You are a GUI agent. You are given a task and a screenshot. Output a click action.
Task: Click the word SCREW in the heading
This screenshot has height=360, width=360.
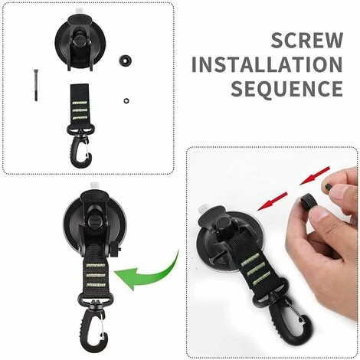(x=307, y=41)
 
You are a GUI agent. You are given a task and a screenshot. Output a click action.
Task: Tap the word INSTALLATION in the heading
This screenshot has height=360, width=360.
(x=267, y=64)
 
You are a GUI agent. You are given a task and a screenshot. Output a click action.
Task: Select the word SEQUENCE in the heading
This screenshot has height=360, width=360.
(x=287, y=89)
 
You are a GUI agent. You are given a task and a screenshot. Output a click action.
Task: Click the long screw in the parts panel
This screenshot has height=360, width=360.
(x=35, y=85)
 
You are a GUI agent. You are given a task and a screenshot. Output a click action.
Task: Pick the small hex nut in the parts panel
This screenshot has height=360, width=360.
(x=126, y=100)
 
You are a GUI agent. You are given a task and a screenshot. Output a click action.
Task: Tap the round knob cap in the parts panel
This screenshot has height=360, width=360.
(x=126, y=61)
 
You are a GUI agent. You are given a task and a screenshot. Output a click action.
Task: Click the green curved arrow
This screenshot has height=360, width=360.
(x=147, y=272)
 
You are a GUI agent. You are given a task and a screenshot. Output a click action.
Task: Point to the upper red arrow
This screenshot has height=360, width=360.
(x=315, y=175)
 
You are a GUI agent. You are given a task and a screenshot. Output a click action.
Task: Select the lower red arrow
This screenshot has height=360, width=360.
(x=273, y=201)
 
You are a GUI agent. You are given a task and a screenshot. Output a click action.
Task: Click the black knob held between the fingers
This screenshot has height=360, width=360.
(x=309, y=202)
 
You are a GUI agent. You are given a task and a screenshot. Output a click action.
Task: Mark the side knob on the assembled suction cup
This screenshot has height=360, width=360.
(x=116, y=250)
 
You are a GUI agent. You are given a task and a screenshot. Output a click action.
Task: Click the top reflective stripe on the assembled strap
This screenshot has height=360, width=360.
(x=96, y=265)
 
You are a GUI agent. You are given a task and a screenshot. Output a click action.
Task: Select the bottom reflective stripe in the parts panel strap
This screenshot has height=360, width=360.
(x=80, y=118)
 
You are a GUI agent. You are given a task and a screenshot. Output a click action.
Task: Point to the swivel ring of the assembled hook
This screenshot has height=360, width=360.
(x=96, y=300)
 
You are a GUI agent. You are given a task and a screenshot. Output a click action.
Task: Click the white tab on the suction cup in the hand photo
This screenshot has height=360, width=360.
(x=205, y=209)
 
